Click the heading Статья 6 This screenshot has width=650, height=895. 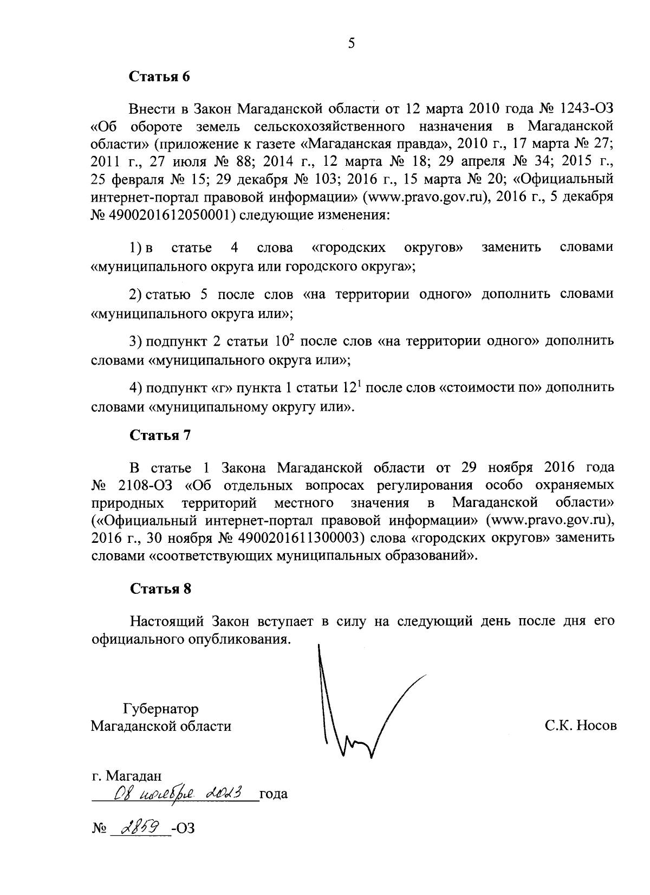pyautogui.click(x=160, y=76)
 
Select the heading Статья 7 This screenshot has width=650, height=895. pyautogui.click(x=160, y=436)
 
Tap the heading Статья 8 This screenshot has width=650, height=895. pyautogui.click(x=160, y=589)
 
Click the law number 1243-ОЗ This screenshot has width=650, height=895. pyautogui.click(x=588, y=108)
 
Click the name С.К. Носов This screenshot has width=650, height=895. pyautogui.click(x=581, y=725)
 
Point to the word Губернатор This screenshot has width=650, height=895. pyautogui.click(x=161, y=709)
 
